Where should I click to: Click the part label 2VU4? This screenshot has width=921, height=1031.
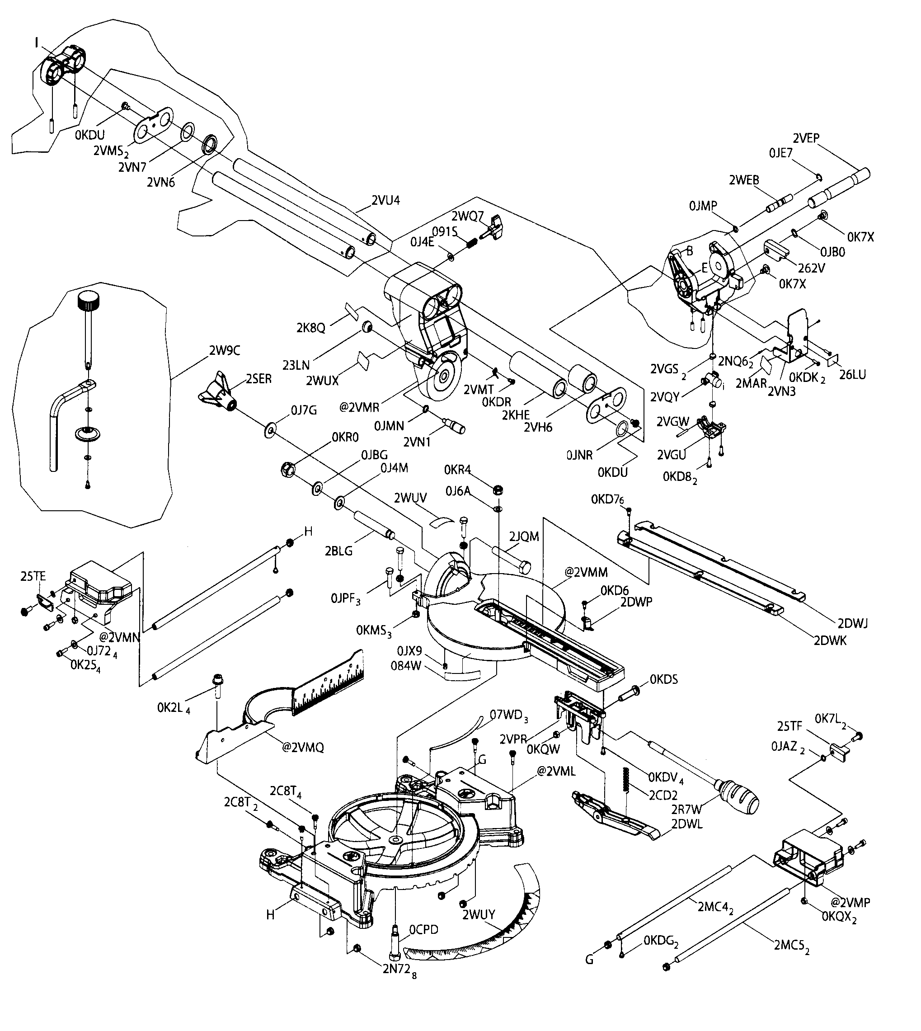tap(385, 200)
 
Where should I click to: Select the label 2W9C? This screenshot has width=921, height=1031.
tap(224, 350)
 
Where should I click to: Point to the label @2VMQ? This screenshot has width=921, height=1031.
tap(303, 748)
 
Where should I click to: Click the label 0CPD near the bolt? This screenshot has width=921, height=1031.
tap(423, 929)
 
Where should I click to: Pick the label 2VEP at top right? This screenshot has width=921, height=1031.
tap(806, 138)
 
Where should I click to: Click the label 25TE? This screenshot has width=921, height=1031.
tap(33, 576)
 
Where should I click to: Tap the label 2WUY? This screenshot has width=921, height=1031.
tap(478, 914)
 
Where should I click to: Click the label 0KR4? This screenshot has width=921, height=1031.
tap(457, 470)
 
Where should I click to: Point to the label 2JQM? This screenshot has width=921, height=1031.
tap(524, 537)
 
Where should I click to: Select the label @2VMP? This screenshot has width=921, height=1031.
tap(850, 902)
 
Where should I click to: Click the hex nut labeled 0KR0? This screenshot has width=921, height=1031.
tap(288, 469)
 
